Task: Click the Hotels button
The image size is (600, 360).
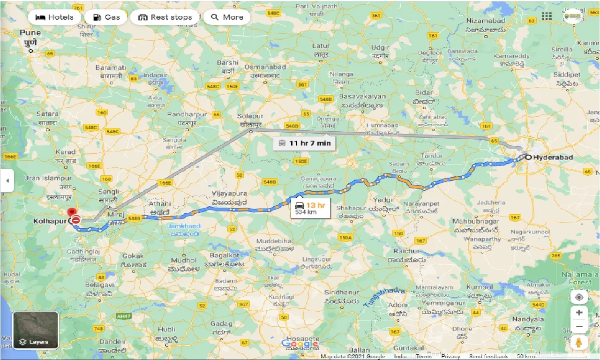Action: pyautogui.click(x=54, y=17)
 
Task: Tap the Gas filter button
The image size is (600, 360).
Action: pyautogui.click(x=107, y=17)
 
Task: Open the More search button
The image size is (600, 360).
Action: pyautogui.click(x=227, y=17)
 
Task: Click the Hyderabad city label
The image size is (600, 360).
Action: pyautogui.click(x=553, y=157)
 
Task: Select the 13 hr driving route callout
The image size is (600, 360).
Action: pyautogui.click(x=310, y=208)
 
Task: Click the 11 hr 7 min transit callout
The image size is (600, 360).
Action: pyautogui.click(x=304, y=143)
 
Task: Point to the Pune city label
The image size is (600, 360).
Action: pyautogui.click(x=30, y=33)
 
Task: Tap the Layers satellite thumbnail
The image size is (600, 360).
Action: pyautogui.click(x=36, y=330)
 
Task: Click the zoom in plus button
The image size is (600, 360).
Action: pyautogui.click(x=579, y=313)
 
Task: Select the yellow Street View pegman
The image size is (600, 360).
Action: pyautogui.click(x=579, y=343)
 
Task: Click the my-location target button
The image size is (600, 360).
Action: pyautogui.click(x=579, y=297)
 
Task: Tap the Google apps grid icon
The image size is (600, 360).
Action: pyautogui.click(x=547, y=16)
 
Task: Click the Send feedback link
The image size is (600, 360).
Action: pyautogui.click(x=488, y=357)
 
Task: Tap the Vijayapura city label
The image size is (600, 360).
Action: pyautogui.click(x=228, y=194)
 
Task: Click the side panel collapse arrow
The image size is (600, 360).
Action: pyautogui.click(x=7, y=180)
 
